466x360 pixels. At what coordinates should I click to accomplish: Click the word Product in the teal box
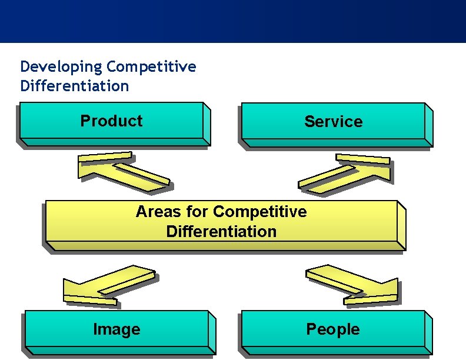pyautogui.click(x=111, y=121)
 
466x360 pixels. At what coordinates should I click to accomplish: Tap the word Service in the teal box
pyautogui.click(x=333, y=122)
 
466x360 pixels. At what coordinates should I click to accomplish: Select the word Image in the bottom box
pyautogui.click(x=116, y=329)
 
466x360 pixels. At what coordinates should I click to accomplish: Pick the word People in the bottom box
pyautogui.click(x=332, y=329)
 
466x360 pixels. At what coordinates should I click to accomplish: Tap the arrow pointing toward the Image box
pyautogui.click(x=106, y=286)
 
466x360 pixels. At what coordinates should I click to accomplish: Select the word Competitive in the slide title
pyautogui.click(x=151, y=66)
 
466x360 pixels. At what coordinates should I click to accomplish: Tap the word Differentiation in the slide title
pyautogui.click(x=74, y=86)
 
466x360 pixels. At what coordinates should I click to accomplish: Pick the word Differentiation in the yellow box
pyautogui.click(x=221, y=231)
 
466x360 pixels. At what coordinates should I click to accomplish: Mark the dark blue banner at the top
pyautogui.click(x=233, y=21)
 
